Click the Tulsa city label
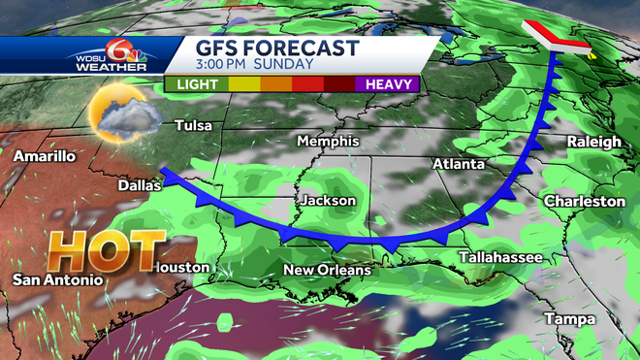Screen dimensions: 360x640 click(x=193, y=125)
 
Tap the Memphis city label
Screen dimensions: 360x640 click(x=328, y=141)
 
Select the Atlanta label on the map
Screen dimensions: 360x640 click(x=459, y=164)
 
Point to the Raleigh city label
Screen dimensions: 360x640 click(x=594, y=143)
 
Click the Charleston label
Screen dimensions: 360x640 click(x=585, y=201)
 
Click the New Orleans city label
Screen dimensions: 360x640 click(x=327, y=269)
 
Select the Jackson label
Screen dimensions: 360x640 click(x=329, y=201)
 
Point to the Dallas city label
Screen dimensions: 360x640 click(x=138, y=184)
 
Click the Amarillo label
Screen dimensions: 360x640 click(x=46, y=155)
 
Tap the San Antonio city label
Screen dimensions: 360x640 click(x=57, y=279)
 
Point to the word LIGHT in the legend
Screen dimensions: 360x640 click(x=197, y=84)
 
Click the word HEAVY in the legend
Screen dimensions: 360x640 click(x=390, y=84)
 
